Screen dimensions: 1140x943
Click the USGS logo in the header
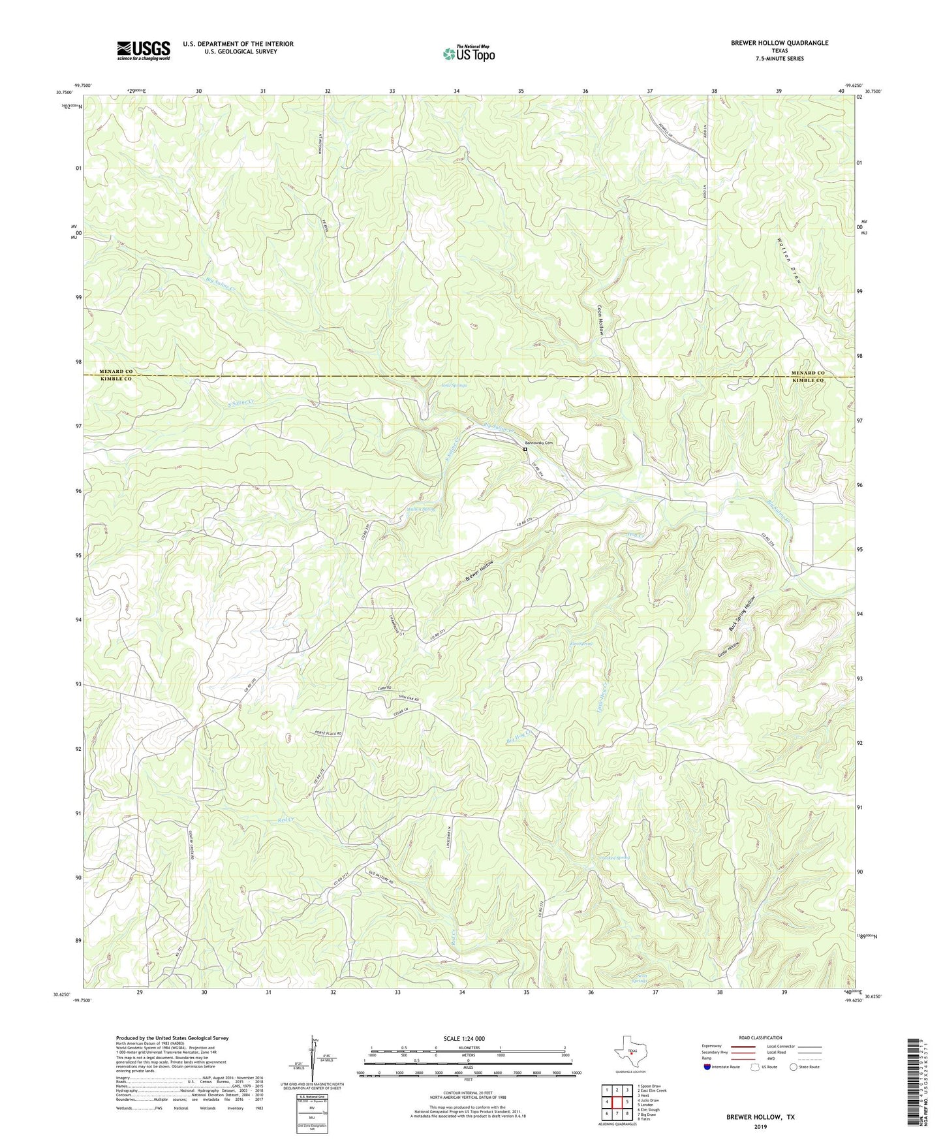pos(144,50)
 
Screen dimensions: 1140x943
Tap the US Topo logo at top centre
pos(469,53)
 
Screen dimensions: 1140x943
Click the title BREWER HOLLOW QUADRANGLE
pos(779,43)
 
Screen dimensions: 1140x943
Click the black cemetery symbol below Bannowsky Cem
pos(525,449)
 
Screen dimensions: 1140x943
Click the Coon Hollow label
pos(601,320)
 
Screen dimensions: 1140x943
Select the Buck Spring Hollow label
pos(742,613)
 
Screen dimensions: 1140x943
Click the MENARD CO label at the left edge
pos(116,372)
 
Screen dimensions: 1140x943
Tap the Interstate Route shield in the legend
pos(708,1067)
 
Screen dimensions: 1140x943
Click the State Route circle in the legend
pos(793,1067)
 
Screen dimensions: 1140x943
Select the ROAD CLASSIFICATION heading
pos(760,1037)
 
